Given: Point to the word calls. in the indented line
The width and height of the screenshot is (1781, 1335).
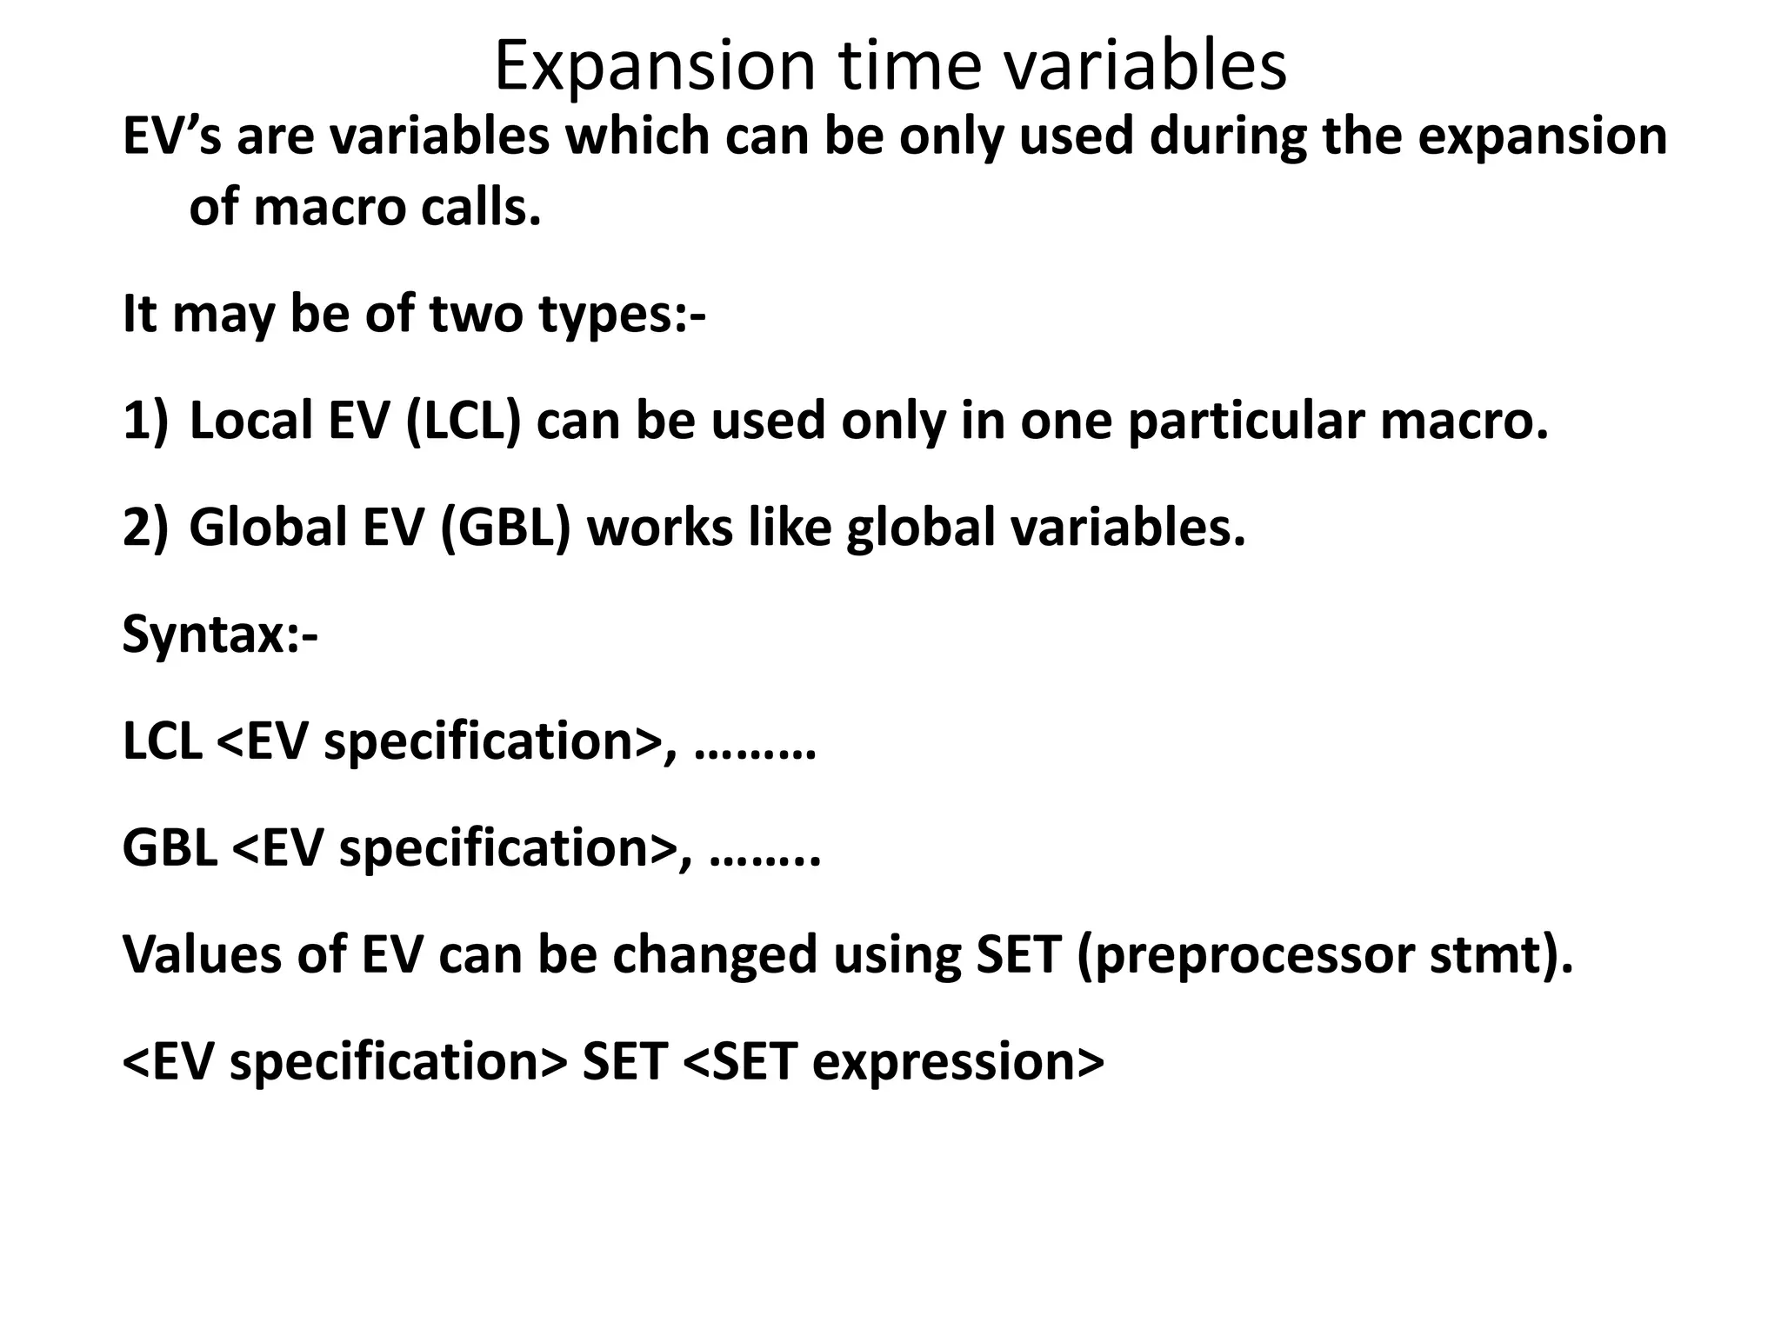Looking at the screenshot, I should [482, 208].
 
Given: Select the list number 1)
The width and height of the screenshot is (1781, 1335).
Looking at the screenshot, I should [144, 422].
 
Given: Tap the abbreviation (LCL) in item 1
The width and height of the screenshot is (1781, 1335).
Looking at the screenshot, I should [463, 422].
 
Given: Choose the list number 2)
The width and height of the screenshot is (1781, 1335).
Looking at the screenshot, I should [144, 528].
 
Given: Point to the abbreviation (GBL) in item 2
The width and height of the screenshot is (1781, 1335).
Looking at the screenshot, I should [505, 528].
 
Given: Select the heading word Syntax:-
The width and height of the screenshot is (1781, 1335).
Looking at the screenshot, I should [220, 635].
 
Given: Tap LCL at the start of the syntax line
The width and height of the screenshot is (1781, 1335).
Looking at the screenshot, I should [162, 741].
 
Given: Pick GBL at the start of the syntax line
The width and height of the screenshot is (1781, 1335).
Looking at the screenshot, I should [170, 848].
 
